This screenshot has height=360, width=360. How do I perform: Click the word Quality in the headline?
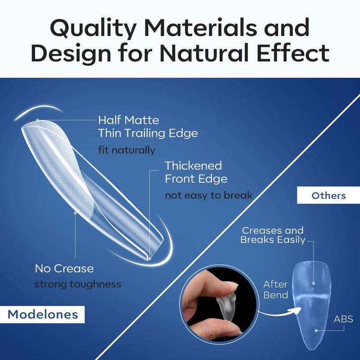tap(93, 28)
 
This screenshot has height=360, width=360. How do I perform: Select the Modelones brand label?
tap(42, 314)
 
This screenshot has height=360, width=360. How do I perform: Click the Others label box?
tap(328, 195)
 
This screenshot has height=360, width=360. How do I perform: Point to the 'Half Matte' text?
tap(129, 120)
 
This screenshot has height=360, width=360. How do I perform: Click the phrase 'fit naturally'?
tap(126, 150)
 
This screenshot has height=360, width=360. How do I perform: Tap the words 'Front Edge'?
tap(196, 179)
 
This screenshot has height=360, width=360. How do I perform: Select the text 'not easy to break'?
tap(208, 195)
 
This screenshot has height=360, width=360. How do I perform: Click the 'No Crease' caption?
tap(64, 268)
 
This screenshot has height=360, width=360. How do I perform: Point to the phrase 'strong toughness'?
tap(77, 284)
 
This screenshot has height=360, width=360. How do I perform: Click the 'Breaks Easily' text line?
tap(273, 240)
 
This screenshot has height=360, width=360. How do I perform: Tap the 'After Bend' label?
tap(275, 289)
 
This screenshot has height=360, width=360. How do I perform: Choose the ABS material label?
tap(343, 319)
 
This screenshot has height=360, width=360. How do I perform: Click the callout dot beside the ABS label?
tap(316, 330)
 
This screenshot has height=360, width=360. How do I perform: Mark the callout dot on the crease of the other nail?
tap(314, 283)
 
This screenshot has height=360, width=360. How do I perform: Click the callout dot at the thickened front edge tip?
tap(149, 259)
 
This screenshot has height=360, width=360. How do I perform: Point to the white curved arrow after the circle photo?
tap(279, 312)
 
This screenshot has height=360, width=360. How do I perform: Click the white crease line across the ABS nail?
tap(312, 297)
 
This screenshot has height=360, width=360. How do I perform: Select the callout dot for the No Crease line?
tap(75, 213)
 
